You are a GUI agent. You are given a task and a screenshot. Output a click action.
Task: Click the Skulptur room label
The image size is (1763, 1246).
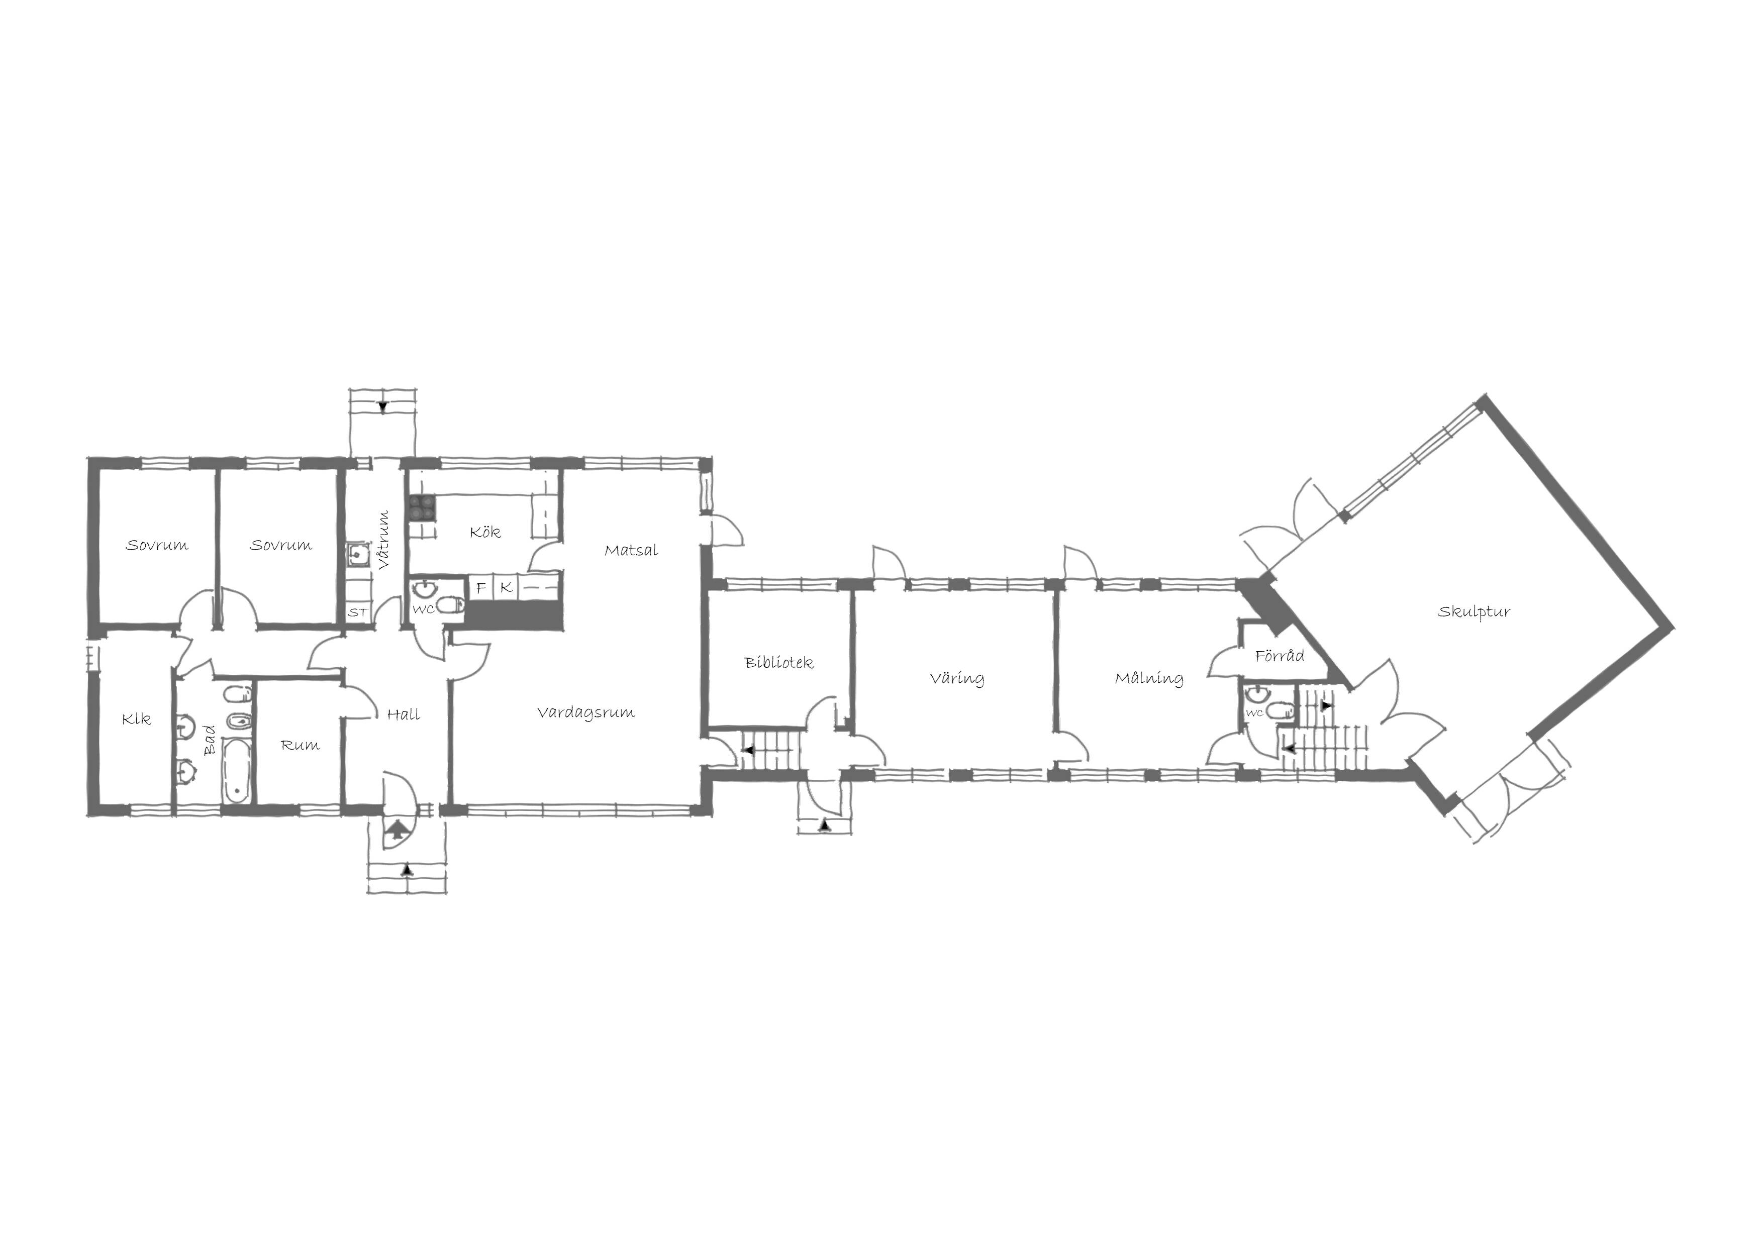[x=1474, y=612]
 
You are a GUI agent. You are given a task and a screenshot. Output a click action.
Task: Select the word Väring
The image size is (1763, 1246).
[x=957, y=679]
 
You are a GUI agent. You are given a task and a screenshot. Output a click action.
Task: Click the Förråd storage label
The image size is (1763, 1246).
[x=1279, y=656]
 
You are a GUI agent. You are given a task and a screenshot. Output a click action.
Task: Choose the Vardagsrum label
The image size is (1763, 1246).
[x=586, y=712]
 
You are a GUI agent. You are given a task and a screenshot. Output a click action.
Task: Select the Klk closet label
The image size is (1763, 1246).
[x=137, y=719]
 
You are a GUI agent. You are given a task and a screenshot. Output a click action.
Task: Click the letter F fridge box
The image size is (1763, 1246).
[x=480, y=588]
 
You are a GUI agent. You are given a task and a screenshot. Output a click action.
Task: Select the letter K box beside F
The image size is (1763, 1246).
[x=505, y=588]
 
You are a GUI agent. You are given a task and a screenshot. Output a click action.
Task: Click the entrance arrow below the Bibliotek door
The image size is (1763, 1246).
[x=825, y=826]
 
